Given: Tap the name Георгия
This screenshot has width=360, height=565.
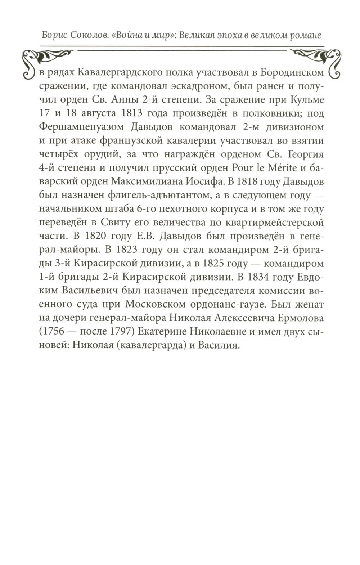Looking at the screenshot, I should (306, 154).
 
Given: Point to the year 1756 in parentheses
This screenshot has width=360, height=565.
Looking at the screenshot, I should (54, 332).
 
